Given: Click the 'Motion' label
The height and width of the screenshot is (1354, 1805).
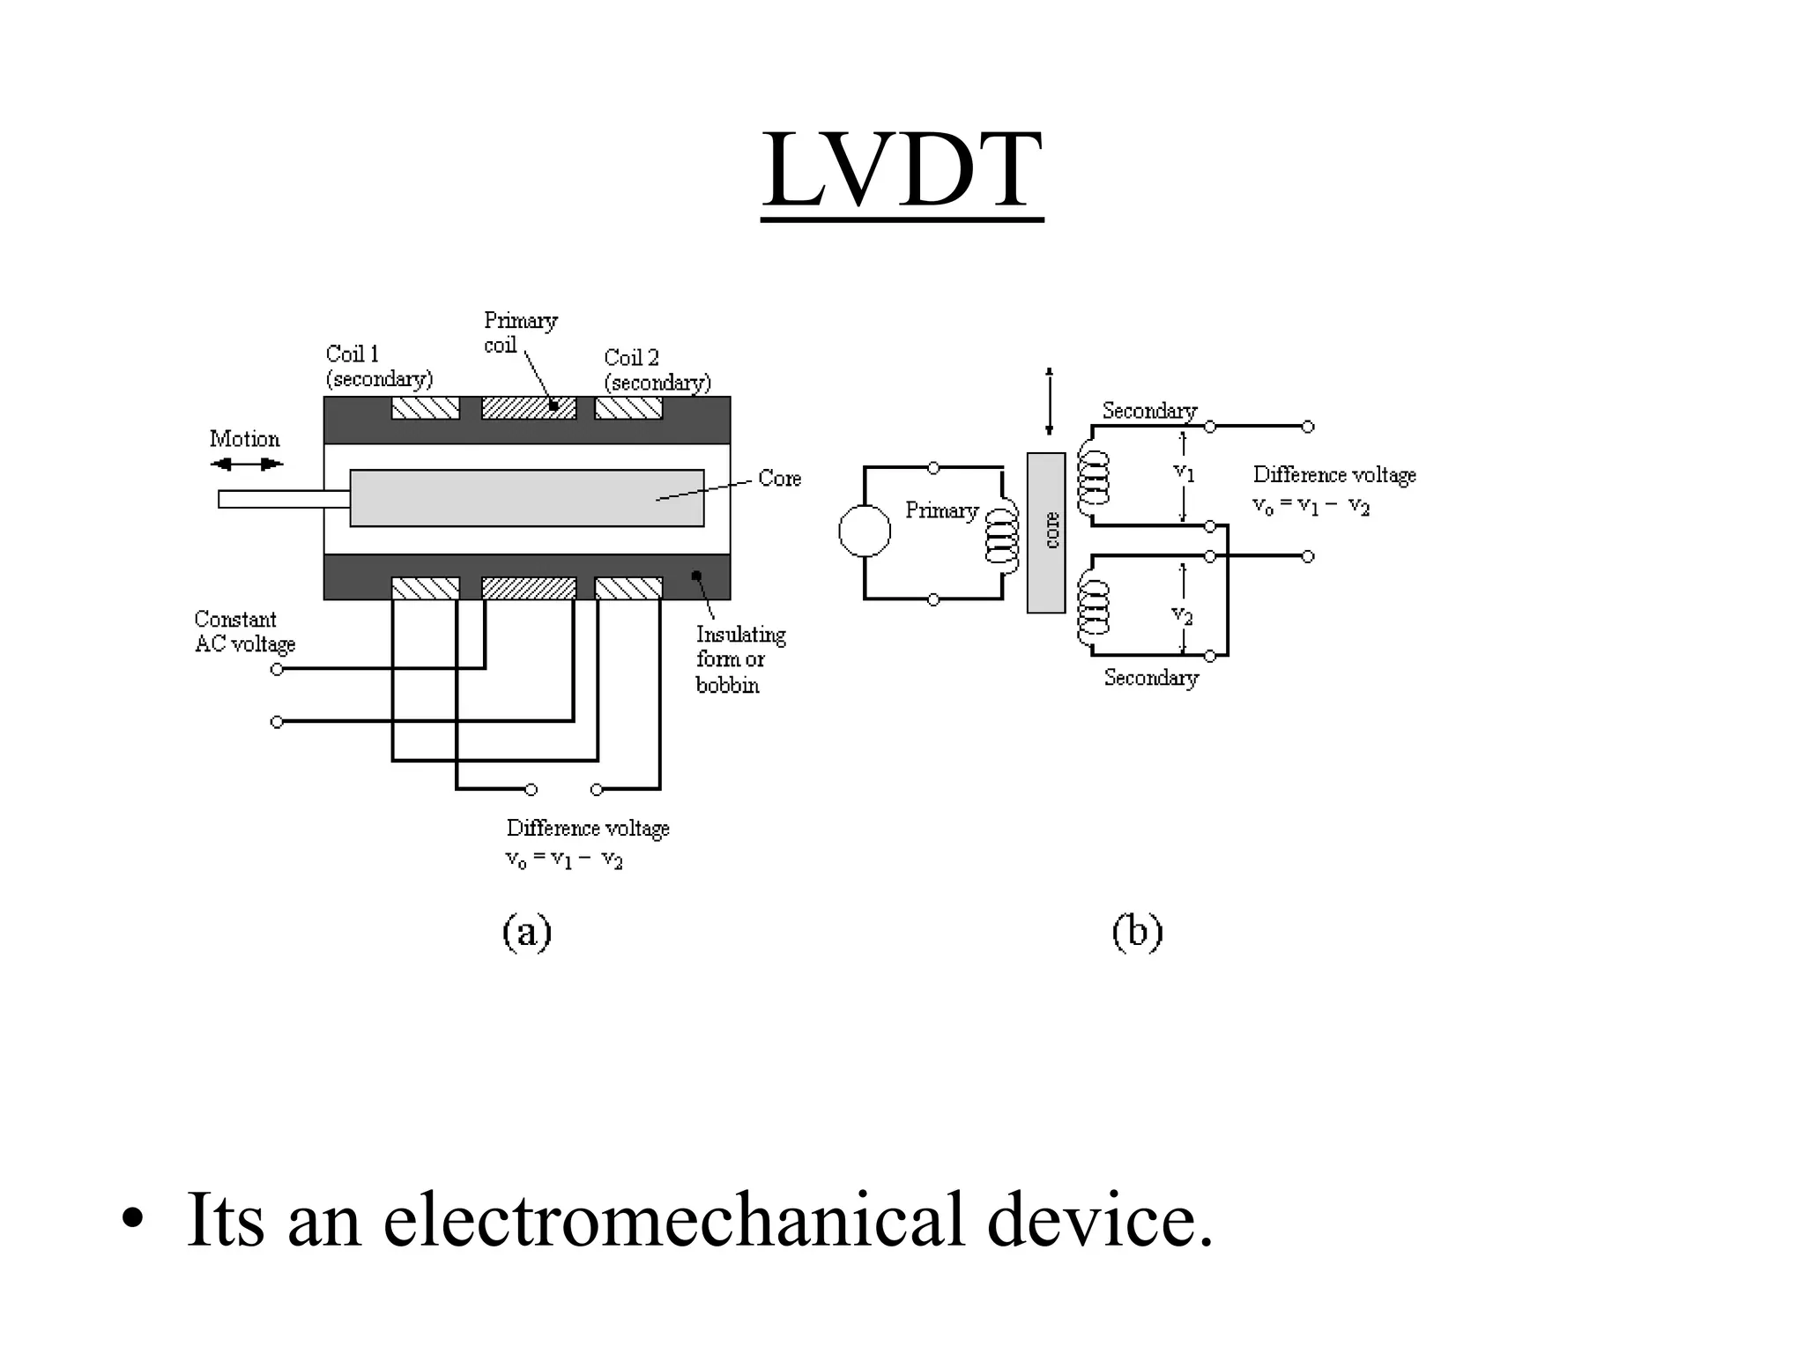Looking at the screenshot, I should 244,439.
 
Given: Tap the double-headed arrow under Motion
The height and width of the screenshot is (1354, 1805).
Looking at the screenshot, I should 246,464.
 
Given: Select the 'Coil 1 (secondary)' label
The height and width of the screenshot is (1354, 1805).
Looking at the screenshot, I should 378,366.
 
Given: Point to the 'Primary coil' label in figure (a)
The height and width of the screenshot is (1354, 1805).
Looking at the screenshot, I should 520,332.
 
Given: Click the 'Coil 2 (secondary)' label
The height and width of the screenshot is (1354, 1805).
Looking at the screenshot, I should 657,369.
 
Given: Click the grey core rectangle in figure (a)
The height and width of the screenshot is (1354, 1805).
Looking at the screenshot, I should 526,498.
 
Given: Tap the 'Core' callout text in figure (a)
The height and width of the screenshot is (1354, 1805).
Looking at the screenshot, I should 779,479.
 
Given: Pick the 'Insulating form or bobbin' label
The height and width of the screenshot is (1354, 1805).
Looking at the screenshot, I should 739,659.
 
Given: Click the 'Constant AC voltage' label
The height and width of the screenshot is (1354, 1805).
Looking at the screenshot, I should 244,631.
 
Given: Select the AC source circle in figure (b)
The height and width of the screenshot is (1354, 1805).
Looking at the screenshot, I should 865,531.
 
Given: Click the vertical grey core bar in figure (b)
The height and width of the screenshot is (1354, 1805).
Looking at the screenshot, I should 1046,532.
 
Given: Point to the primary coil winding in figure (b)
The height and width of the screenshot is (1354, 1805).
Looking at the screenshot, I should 1001,534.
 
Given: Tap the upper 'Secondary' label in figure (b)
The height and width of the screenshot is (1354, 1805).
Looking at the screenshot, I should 1148,411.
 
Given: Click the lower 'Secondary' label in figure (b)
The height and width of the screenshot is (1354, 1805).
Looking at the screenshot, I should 1151,678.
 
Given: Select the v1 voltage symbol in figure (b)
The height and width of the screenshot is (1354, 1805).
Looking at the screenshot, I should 1184,473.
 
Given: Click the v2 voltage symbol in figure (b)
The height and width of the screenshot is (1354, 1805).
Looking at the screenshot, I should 1182,614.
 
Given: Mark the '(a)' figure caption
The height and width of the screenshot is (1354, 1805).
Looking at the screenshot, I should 527,932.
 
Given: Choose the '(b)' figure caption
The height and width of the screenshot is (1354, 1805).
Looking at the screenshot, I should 1137,932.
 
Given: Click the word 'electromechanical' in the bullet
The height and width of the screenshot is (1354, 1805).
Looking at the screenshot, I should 674,1220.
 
